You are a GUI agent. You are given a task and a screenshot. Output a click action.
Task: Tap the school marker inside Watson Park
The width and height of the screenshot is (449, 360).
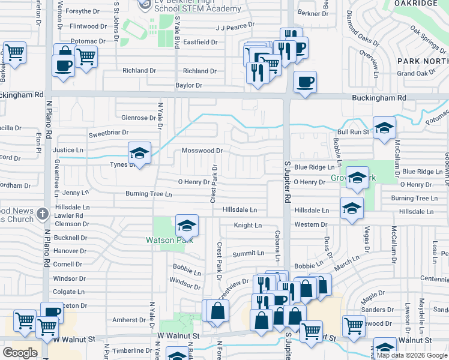(187, 227)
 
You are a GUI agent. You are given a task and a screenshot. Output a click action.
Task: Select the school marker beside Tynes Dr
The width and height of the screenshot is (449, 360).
(139, 154)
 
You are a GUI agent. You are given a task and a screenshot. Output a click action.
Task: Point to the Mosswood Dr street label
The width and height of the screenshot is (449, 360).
(202, 151)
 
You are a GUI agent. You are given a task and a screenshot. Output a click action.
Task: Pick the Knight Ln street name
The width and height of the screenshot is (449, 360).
(248, 225)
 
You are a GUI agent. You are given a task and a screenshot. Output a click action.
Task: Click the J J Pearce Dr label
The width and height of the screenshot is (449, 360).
(235, 28)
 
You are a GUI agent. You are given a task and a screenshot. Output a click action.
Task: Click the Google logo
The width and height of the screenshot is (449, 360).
(20, 353)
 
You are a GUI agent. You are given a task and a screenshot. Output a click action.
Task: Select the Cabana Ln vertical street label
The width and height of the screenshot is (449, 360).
(277, 246)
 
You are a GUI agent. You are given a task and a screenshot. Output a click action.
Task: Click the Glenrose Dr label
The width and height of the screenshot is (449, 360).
(139, 118)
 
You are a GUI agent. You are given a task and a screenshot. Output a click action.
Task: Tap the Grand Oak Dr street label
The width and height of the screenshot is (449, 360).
(416, 73)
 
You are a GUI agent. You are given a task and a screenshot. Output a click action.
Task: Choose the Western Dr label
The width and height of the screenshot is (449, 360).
(310, 224)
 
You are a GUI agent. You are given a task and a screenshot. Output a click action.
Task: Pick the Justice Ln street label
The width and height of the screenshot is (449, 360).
(68, 150)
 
